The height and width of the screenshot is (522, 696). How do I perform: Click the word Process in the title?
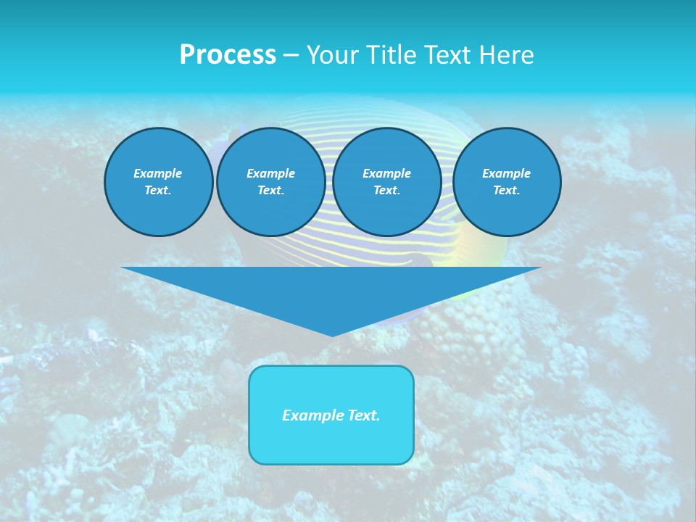(x=228, y=55)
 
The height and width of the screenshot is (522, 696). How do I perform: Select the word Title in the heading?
(x=392, y=55)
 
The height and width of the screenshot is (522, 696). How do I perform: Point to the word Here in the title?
(x=507, y=55)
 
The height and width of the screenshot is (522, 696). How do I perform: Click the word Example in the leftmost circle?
(x=158, y=173)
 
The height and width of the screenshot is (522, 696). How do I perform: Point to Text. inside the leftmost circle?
(x=158, y=190)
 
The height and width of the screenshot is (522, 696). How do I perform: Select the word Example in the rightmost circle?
(x=507, y=173)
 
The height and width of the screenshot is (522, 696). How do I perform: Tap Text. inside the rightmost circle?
(x=507, y=190)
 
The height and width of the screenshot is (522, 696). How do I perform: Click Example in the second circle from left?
(x=271, y=173)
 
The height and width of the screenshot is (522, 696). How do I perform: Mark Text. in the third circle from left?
(x=387, y=190)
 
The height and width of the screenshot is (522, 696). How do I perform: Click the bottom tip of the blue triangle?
(x=332, y=335)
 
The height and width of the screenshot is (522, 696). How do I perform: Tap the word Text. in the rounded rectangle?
(x=364, y=415)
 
